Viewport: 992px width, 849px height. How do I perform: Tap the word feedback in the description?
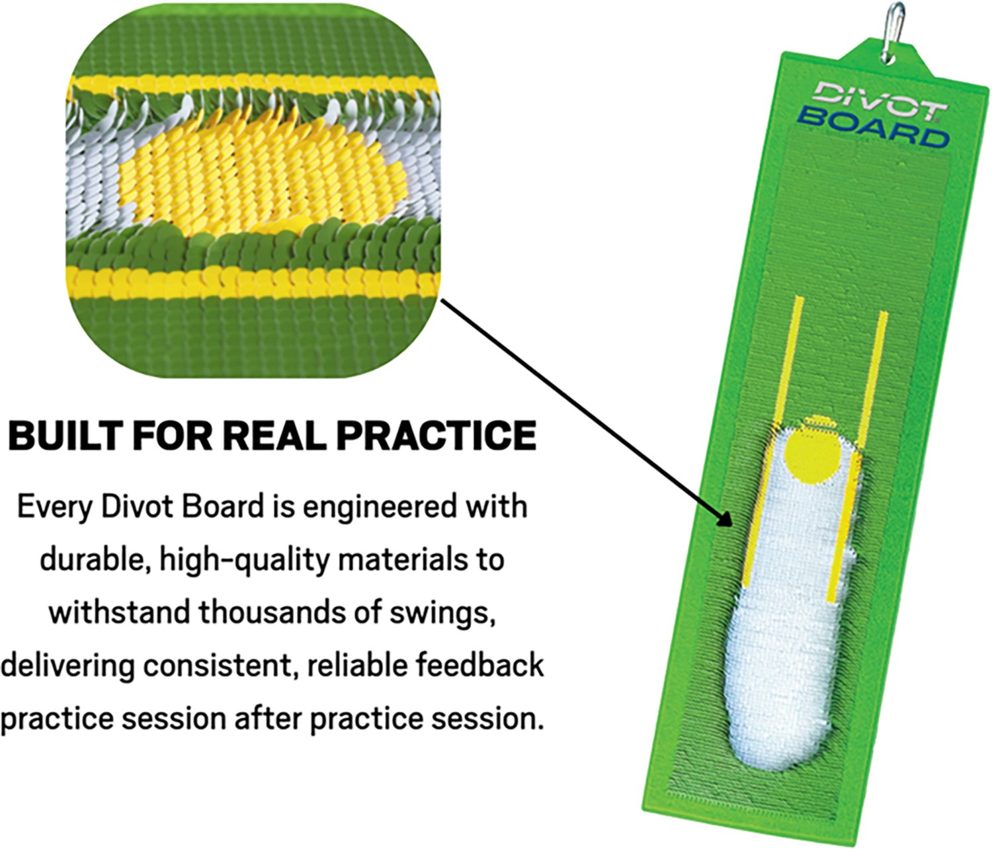479,665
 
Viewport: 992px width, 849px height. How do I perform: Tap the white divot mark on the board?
787,635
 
